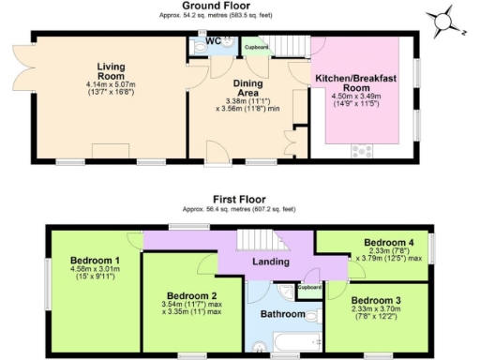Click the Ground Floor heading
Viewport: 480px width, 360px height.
pyautogui.click(x=239, y=6)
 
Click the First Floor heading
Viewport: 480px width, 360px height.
pyautogui.click(x=239, y=200)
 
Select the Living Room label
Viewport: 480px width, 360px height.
pyautogui.click(x=111, y=72)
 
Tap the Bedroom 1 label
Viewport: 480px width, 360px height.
pyautogui.click(x=90, y=260)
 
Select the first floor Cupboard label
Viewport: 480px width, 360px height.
pyautogui.click(x=309, y=288)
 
